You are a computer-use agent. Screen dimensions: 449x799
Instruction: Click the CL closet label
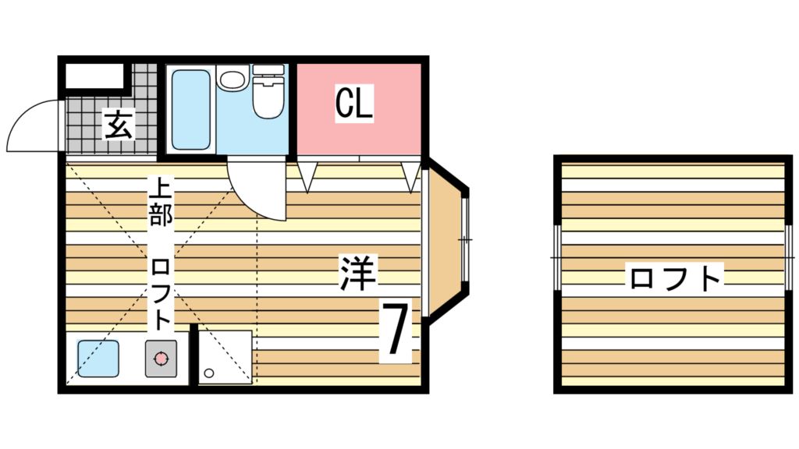[x=353, y=104]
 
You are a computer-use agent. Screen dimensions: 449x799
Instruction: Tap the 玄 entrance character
[x=119, y=125]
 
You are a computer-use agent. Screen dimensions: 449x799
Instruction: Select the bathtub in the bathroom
[x=190, y=109]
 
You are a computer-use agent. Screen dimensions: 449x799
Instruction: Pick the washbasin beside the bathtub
[x=232, y=80]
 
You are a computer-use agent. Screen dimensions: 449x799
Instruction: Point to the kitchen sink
[x=98, y=359]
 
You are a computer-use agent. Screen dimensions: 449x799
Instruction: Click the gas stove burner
[x=162, y=359]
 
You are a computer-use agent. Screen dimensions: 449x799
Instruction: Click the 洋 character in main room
[x=358, y=274]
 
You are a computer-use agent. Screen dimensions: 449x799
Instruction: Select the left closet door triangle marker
[x=307, y=177]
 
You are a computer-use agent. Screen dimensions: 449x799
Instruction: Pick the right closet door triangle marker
[x=411, y=177]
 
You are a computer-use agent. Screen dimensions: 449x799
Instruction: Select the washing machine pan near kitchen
[x=225, y=357]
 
